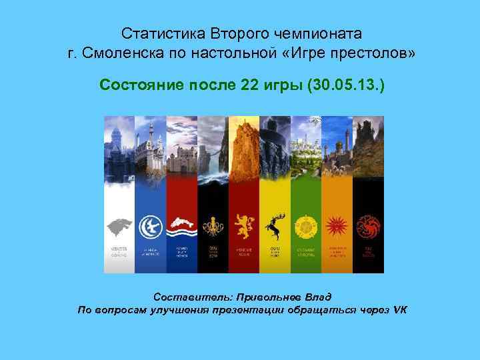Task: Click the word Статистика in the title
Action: tap(155, 33)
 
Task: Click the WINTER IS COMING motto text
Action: tap(119, 251)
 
